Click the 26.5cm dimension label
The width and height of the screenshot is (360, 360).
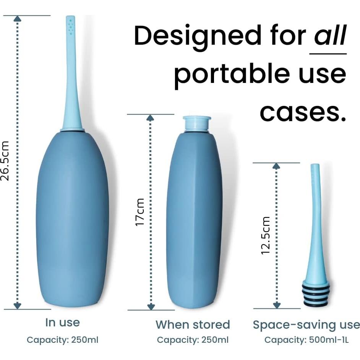coord(5,161)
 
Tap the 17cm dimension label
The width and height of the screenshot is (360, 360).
coord(139,212)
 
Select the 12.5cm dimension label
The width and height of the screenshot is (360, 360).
coord(265,235)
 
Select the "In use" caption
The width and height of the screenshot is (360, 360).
coord(62,322)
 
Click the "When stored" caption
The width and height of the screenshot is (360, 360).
coord(193,324)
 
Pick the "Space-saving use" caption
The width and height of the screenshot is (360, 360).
coord(306,325)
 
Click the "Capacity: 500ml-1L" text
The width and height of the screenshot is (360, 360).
coord(306,340)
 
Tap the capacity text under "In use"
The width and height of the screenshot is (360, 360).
coord(62,340)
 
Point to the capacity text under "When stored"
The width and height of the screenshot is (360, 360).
coord(193,340)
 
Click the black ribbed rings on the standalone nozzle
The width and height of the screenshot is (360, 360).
coord(316,295)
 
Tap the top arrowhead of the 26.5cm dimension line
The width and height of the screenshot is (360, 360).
coord(18,19)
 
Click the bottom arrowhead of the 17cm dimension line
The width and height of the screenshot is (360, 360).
coord(151,306)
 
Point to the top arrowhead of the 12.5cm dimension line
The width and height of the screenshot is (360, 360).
coord(276,166)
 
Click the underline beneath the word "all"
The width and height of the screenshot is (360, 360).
coord(328,54)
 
